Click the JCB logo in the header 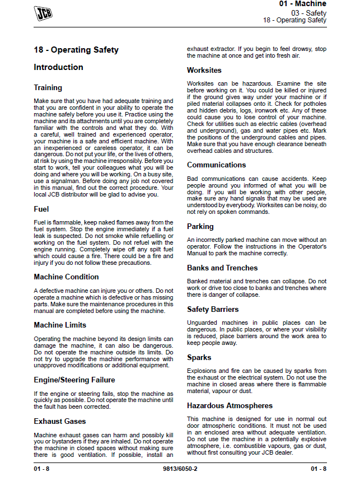[x=44, y=13]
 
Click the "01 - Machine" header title [x=302, y=4]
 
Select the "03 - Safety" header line [x=308, y=12]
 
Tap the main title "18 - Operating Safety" [x=76, y=50]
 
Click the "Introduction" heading [x=58, y=67]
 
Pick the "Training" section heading [x=48, y=87]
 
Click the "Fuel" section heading [x=41, y=209]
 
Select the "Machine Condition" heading [x=66, y=277]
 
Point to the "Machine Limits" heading [x=60, y=325]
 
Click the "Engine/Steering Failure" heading [x=74, y=380]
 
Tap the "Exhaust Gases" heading [x=60, y=421]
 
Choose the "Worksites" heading [x=204, y=70]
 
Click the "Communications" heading [x=216, y=165]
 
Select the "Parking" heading [x=200, y=226]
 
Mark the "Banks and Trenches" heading [x=222, y=268]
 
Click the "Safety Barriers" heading [x=213, y=309]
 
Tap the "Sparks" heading [x=199, y=357]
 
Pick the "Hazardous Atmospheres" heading [x=230, y=405]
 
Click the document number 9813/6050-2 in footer [x=179, y=468]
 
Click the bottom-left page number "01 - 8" [x=41, y=468]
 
